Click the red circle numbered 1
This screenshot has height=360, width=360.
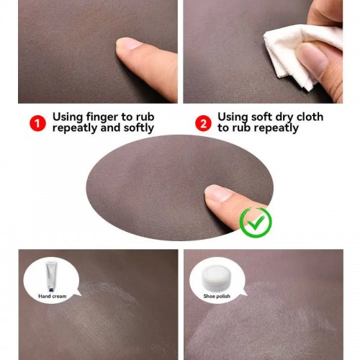(37, 123)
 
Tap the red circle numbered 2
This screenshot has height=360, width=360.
(203, 123)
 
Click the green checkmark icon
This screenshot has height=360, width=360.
(256, 222)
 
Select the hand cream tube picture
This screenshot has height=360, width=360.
(51, 276)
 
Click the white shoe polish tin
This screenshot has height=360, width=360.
(215, 276)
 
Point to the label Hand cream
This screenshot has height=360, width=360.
(53, 296)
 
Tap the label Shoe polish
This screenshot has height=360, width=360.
(217, 296)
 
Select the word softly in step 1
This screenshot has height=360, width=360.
(139, 128)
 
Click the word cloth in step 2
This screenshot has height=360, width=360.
(310, 117)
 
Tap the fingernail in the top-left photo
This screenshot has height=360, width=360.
(129, 43)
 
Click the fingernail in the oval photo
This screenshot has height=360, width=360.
(217, 193)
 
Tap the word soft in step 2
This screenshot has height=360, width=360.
(261, 117)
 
